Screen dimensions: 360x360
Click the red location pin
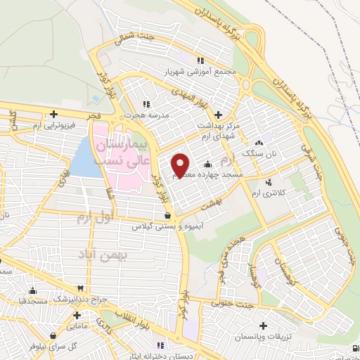(181, 165)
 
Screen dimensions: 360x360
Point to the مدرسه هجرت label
(145, 112)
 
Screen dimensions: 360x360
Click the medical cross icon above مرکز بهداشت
(218, 115)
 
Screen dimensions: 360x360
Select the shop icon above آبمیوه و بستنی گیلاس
(167, 216)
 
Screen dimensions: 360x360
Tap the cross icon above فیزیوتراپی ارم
(53, 115)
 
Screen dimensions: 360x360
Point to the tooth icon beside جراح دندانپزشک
(81, 288)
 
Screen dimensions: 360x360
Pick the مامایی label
(77, 327)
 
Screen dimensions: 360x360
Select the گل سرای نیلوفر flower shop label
(43, 347)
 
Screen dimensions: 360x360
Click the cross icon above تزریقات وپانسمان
(263, 326)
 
